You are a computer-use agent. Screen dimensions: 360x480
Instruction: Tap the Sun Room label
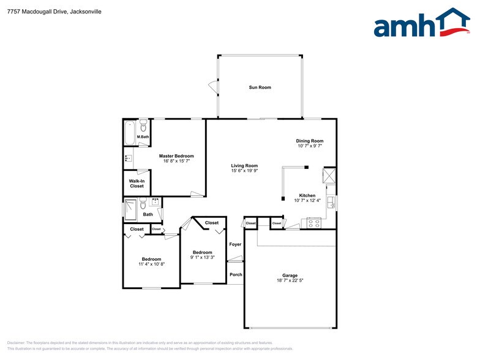point(260,88)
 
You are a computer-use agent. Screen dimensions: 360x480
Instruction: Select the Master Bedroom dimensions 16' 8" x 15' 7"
point(176,161)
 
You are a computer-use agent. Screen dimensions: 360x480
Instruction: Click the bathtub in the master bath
point(130,133)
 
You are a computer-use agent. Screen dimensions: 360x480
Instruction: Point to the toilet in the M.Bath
point(143,127)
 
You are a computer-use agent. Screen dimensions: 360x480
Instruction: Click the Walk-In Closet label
point(137,184)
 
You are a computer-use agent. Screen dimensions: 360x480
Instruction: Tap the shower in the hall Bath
point(130,210)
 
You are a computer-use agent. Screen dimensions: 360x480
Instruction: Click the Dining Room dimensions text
point(310,146)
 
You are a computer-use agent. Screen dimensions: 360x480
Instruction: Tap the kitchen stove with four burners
point(313,223)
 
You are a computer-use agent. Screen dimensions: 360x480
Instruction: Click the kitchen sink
point(330,201)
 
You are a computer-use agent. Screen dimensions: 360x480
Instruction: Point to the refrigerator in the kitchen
point(329,176)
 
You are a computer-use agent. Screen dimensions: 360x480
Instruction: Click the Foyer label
point(235,244)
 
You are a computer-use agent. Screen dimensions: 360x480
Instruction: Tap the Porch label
point(236,274)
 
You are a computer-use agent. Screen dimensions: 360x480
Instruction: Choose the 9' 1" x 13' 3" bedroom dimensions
point(203,258)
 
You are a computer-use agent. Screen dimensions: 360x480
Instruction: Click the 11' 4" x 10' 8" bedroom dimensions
point(151,264)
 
